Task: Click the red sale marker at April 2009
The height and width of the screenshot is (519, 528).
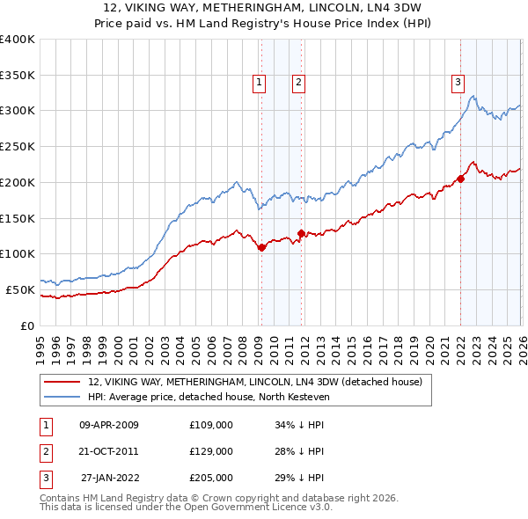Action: (x=261, y=248)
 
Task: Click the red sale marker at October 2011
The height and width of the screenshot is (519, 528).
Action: (x=301, y=234)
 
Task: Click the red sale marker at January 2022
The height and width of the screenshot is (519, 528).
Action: (x=460, y=179)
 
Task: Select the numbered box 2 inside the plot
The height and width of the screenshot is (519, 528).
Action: (x=299, y=84)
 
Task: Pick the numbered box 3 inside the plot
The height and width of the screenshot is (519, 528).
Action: (x=458, y=84)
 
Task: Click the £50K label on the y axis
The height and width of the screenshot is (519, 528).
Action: (x=20, y=289)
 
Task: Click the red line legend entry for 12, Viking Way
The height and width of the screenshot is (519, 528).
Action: (x=255, y=382)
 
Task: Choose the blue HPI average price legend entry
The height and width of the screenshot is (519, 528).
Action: (x=220, y=397)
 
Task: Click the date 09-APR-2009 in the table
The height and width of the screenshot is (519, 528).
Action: (x=108, y=425)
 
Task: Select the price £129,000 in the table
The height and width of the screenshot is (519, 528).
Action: (x=211, y=451)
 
